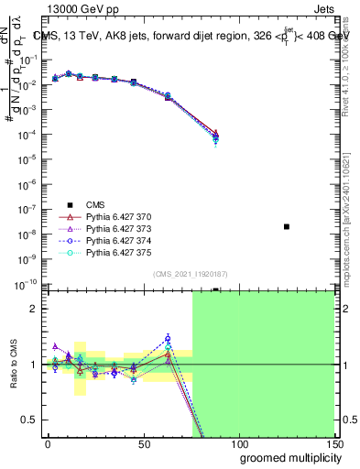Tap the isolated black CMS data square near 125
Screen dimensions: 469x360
click(x=287, y=226)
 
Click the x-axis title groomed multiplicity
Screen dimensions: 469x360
click(x=287, y=457)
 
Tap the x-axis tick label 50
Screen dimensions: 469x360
click(x=144, y=444)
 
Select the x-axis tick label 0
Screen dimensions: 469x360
click(x=48, y=444)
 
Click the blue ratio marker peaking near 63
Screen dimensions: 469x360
click(x=168, y=338)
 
